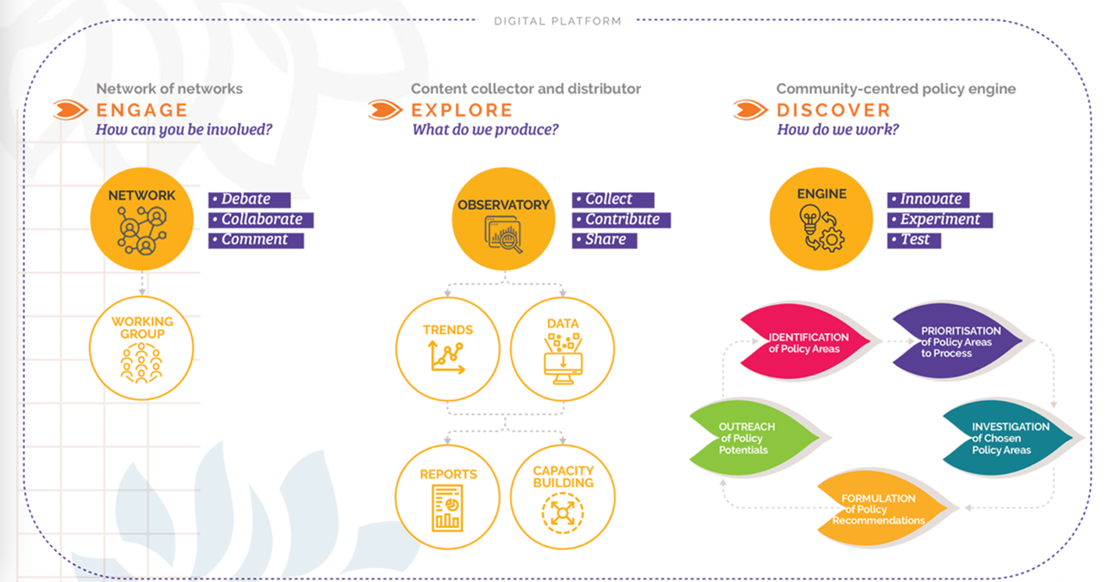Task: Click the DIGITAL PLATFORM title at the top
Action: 557,21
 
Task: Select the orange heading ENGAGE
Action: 141,110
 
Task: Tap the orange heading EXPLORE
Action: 462,110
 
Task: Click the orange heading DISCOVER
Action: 833,110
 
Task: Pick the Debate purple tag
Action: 249,200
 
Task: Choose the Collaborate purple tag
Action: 261,220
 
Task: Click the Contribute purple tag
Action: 621,220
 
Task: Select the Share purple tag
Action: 605,240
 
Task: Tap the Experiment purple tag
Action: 940,220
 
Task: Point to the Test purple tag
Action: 914,240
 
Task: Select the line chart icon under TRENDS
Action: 446,357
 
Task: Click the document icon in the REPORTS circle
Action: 447,508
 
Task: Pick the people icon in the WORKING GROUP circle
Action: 141,363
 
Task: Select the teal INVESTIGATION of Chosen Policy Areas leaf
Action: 1009,438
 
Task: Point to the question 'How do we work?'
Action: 837,130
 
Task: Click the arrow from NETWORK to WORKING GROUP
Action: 141,282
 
